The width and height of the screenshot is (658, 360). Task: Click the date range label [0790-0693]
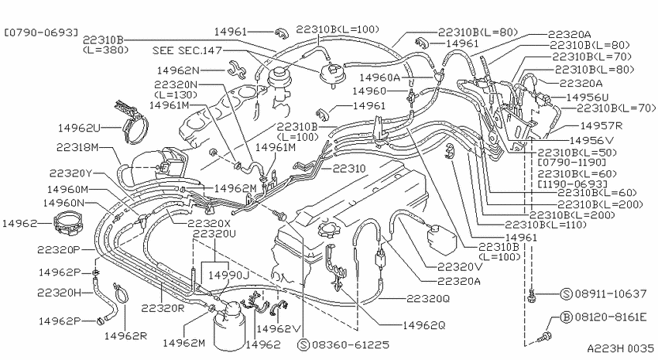click(41, 33)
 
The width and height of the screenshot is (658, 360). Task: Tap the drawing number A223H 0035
click(620, 348)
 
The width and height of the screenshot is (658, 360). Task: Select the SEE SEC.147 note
click(187, 51)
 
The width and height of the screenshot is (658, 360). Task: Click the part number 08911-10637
click(611, 293)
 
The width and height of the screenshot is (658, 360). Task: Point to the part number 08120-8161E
click(611, 317)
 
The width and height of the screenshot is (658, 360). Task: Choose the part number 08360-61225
click(351, 345)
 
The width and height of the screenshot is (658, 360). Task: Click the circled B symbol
click(567, 317)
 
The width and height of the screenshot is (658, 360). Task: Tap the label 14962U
click(79, 128)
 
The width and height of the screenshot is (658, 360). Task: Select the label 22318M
click(77, 147)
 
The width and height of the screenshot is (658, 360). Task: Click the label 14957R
click(601, 125)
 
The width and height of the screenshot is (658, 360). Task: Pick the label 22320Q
click(428, 298)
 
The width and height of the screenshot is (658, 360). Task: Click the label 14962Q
click(424, 325)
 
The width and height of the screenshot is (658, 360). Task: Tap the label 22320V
click(460, 267)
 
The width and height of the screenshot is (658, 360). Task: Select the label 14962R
click(125, 336)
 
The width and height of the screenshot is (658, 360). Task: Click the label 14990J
click(228, 276)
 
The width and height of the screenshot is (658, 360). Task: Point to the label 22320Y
click(70, 173)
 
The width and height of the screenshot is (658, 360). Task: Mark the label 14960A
click(380, 77)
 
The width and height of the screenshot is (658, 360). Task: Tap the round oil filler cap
click(327, 229)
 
